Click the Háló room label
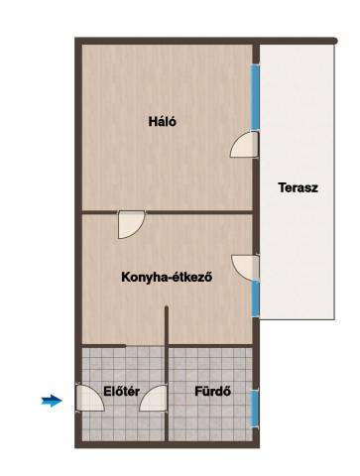[163, 122]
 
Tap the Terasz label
[298, 187]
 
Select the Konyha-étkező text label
[167, 277]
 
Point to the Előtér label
[121, 392]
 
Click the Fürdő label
[212, 392]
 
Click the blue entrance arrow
[52, 401]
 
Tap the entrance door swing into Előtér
[90, 398]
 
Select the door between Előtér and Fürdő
[153, 398]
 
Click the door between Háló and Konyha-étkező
[131, 225]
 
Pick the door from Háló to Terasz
[244, 145]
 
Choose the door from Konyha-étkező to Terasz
[245, 268]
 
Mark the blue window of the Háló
[255, 97]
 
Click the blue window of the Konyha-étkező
[255, 298]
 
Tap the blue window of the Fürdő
[255, 409]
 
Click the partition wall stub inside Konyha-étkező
[167, 325]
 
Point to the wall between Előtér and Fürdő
[167, 394]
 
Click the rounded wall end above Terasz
[334, 41]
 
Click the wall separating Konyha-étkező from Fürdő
[211, 346]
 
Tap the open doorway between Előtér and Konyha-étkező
[145, 346]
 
